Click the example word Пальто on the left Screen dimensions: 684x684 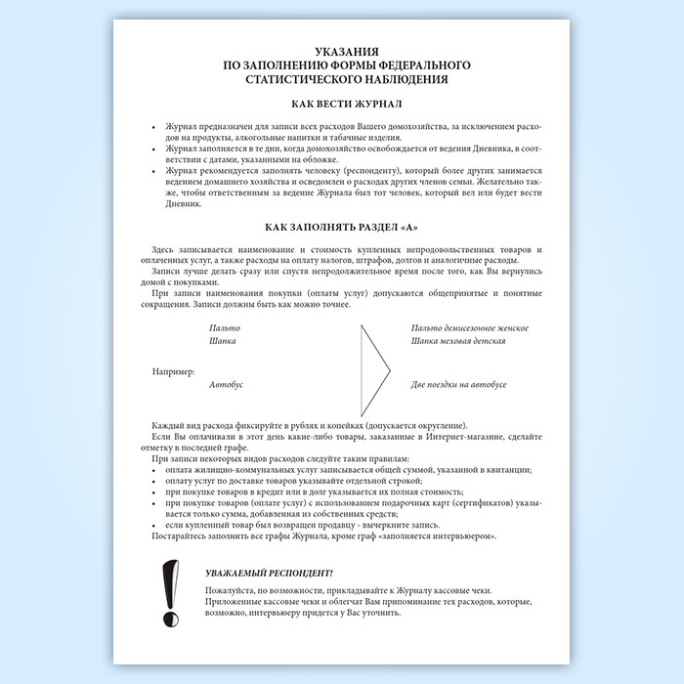225,328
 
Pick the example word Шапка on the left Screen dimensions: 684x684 223,343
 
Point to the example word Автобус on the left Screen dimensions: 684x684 226,385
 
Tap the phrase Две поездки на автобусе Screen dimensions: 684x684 459,385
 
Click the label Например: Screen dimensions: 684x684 174,371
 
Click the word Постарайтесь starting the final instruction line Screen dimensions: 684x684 180,536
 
